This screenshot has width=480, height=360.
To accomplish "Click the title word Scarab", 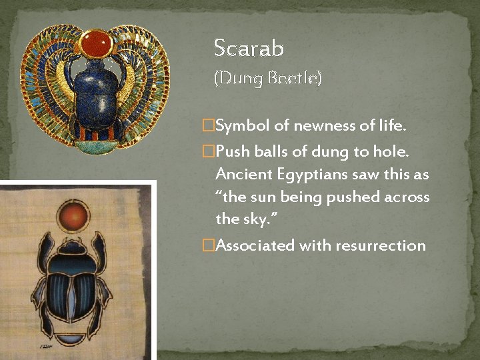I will coord(249,48).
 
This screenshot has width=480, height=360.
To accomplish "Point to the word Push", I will coord(232,152).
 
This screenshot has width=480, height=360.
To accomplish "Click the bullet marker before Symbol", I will coord(209,125).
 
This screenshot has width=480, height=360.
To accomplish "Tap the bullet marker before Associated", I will coord(209,245).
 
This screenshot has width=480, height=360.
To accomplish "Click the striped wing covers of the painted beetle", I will coord(73,293).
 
